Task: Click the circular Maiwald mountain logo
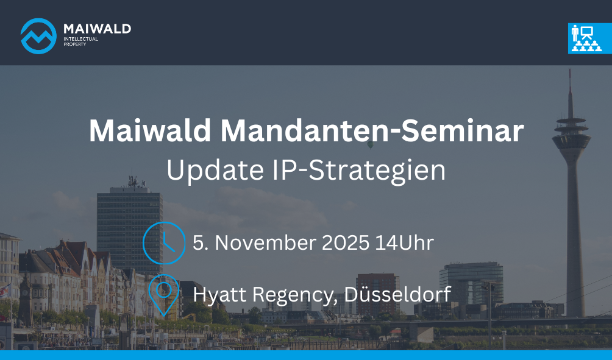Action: [38, 36]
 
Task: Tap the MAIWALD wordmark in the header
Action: [97, 29]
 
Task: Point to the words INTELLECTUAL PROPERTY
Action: [81, 42]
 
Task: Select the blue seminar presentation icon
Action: [590, 38]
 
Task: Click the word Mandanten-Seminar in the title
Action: [372, 131]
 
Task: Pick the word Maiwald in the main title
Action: [150, 131]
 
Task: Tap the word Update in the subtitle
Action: [215, 171]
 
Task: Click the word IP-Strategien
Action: [358, 171]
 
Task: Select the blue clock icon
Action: [164, 243]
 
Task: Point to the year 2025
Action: [346, 242]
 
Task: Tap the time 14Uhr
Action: [404, 242]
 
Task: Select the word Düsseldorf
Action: [397, 294]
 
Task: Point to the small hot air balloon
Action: [370, 145]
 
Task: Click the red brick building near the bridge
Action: [377, 294]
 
